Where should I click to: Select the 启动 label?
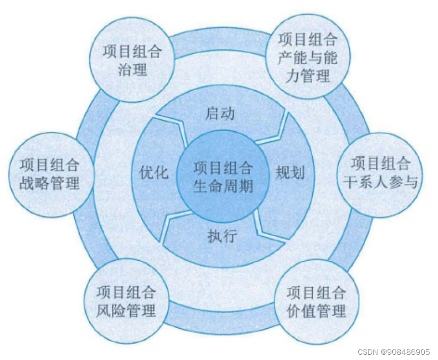220,114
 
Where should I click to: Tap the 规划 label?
290,173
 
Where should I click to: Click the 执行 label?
222,235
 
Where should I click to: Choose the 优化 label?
153,173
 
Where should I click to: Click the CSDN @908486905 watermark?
393,352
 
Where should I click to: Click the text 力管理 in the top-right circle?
308,75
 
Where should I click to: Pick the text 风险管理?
126,310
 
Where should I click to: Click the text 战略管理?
49,183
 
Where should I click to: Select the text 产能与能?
308,57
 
